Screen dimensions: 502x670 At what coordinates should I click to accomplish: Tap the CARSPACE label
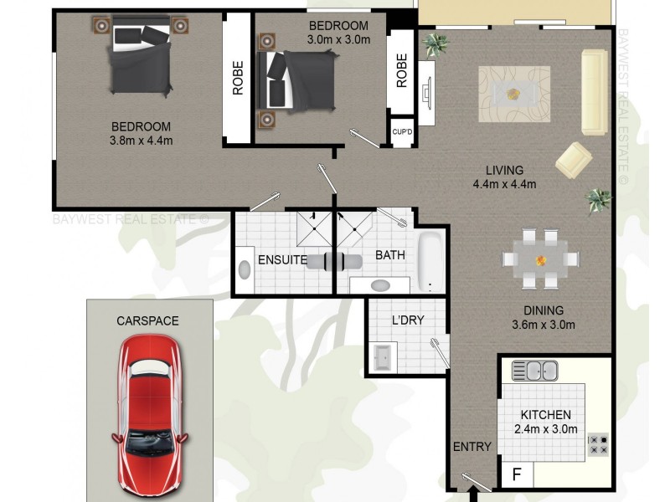click(147, 320)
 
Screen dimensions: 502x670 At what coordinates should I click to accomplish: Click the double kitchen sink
click(534, 370)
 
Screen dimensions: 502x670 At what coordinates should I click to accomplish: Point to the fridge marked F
click(517, 474)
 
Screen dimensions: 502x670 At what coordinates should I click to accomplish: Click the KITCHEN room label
click(546, 415)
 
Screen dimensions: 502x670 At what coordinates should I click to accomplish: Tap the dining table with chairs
click(540, 258)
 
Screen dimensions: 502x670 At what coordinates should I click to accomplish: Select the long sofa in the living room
click(594, 91)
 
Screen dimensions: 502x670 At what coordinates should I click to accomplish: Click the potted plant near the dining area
click(599, 199)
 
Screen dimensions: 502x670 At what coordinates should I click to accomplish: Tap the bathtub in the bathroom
click(430, 261)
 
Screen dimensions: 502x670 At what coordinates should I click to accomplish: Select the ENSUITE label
click(282, 260)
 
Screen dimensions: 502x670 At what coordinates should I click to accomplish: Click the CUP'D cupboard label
click(403, 132)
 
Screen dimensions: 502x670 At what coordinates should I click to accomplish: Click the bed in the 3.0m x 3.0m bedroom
click(297, 77)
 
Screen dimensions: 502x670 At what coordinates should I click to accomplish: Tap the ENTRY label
click(472, 447)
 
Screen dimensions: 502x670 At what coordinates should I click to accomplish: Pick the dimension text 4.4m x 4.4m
click(504, 185)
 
